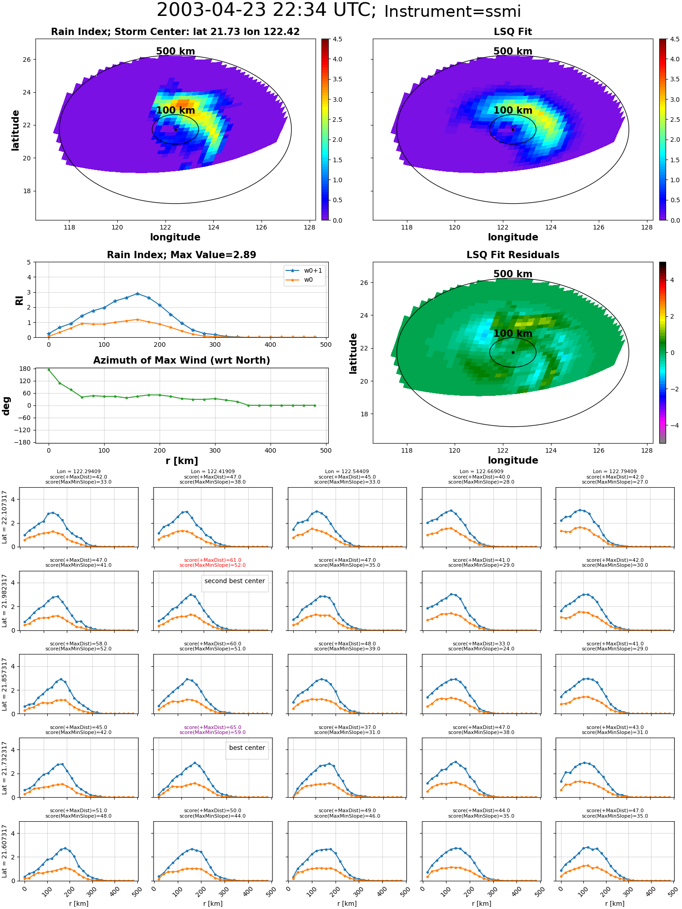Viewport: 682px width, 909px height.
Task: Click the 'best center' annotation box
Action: [x=247, y=750]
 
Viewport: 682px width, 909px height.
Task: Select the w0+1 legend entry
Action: [x=304, y=271]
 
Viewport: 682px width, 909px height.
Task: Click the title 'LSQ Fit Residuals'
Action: [x=513, y=255]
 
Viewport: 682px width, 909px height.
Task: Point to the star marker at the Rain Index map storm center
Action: [x=176, y=130]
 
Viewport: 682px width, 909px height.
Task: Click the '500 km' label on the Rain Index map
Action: [x=176, y=51]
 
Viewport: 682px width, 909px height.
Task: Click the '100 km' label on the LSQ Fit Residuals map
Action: [x=513, y=334]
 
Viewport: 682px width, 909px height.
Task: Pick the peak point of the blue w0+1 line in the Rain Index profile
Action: [x=137, y=294]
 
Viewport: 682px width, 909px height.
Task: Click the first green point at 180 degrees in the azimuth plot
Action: [x=49, y=370]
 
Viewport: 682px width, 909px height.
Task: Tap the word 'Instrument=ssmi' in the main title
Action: [x=452, y=12]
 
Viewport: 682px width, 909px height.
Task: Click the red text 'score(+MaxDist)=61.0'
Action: [x=212, y=560]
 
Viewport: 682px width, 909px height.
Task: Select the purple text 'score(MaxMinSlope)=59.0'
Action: [x=212, y=732]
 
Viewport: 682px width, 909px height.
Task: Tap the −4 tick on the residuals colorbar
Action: [x=672, y=425]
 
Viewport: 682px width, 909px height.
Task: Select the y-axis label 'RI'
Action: [x=19, y=300]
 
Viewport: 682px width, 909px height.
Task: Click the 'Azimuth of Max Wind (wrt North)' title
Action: [x=181, y=360]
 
